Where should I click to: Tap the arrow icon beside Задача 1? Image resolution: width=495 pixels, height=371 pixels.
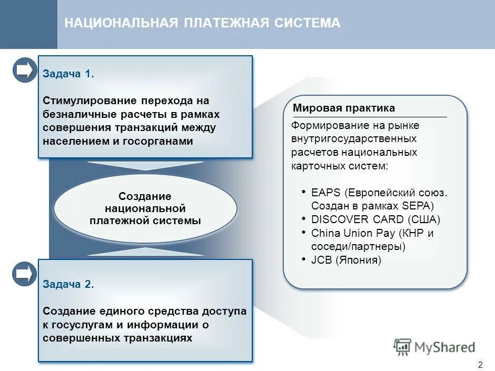(x=24, y=70)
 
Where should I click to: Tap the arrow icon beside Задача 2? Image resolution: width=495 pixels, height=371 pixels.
(x=24, y=274)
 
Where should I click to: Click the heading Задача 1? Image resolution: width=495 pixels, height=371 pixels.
(x=68, y=74)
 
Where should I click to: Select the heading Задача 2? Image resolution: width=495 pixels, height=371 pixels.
(x=68, y=285)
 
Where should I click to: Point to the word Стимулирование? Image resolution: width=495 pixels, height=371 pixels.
(x=84, y=101)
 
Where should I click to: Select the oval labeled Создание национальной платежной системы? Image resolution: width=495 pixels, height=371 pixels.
(x=145, y=208)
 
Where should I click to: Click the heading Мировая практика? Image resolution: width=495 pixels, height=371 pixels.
(x=344, y=108)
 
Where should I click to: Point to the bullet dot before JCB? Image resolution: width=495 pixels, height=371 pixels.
(x=304, y=259)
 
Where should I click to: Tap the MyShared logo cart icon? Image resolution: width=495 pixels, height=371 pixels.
(x=403, y=347)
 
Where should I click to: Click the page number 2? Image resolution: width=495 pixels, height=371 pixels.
(x=480, y=365)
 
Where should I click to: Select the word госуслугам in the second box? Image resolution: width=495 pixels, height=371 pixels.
(x=78, y=325)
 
